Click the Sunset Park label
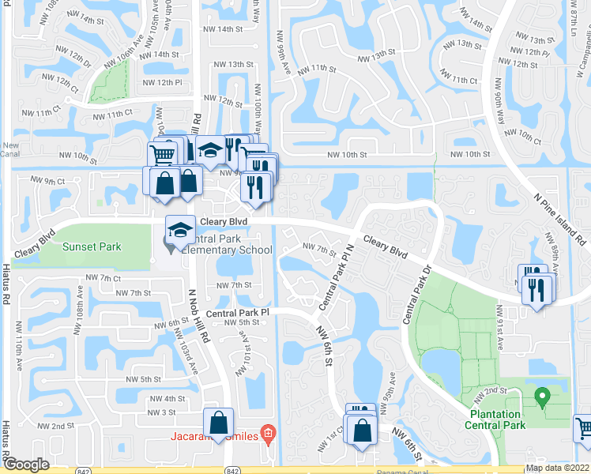(92, 246)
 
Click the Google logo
(26, 465)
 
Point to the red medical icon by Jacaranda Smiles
(269, 434)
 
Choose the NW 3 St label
(161, 412)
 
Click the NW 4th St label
(170, 399)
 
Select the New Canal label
(10, 149)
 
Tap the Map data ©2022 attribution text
(558, 468)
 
